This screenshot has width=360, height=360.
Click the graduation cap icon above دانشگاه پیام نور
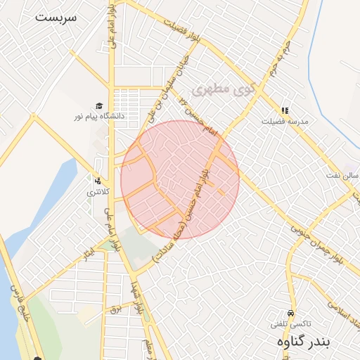[x=99, y=105]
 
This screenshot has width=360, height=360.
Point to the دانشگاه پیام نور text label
[x=99, y=115]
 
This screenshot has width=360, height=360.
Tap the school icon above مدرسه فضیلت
[x=285, y=110]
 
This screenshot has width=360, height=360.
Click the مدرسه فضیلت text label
[x=285, y=121]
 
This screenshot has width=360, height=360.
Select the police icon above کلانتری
[x=98, y=181]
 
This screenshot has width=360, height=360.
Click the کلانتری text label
[x=98, y=191]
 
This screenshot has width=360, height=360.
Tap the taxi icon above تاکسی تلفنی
[x=291, y=313]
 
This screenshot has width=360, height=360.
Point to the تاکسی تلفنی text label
[x=291, y=324]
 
